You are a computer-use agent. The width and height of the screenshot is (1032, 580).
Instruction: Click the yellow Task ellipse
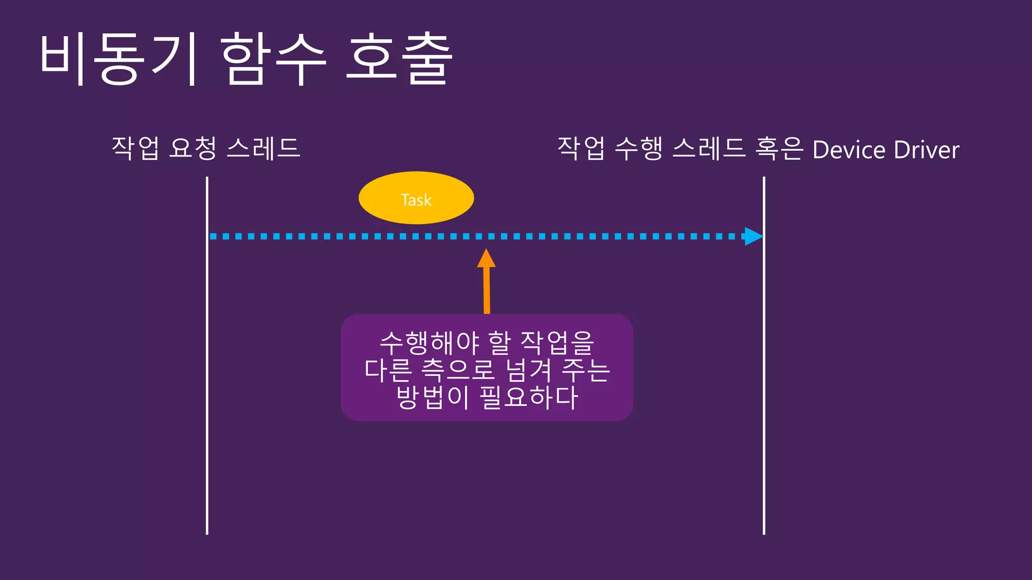(416, 198)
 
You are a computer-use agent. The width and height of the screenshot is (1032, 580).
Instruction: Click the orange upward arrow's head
(486, 259)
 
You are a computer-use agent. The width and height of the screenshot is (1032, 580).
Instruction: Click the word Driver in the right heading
(927, 150)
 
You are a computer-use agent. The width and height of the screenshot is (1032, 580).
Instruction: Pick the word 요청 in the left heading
(193, 148)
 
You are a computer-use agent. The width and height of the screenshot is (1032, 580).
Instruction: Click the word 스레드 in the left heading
(264, 148)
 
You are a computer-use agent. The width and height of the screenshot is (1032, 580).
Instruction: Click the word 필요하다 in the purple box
(529, 397)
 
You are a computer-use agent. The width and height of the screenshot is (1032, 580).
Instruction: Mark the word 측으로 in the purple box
(458, 370)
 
